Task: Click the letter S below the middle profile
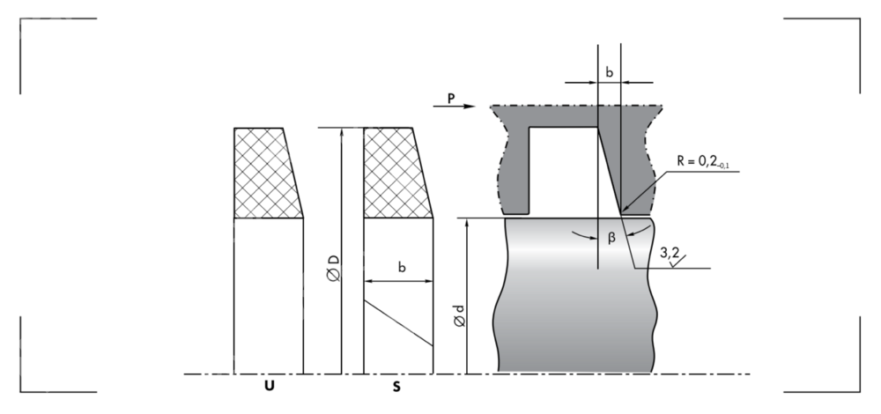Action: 397,386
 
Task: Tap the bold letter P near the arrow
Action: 451,99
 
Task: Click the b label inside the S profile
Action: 402,267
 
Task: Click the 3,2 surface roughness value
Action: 670,253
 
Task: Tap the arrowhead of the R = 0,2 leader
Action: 623,212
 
